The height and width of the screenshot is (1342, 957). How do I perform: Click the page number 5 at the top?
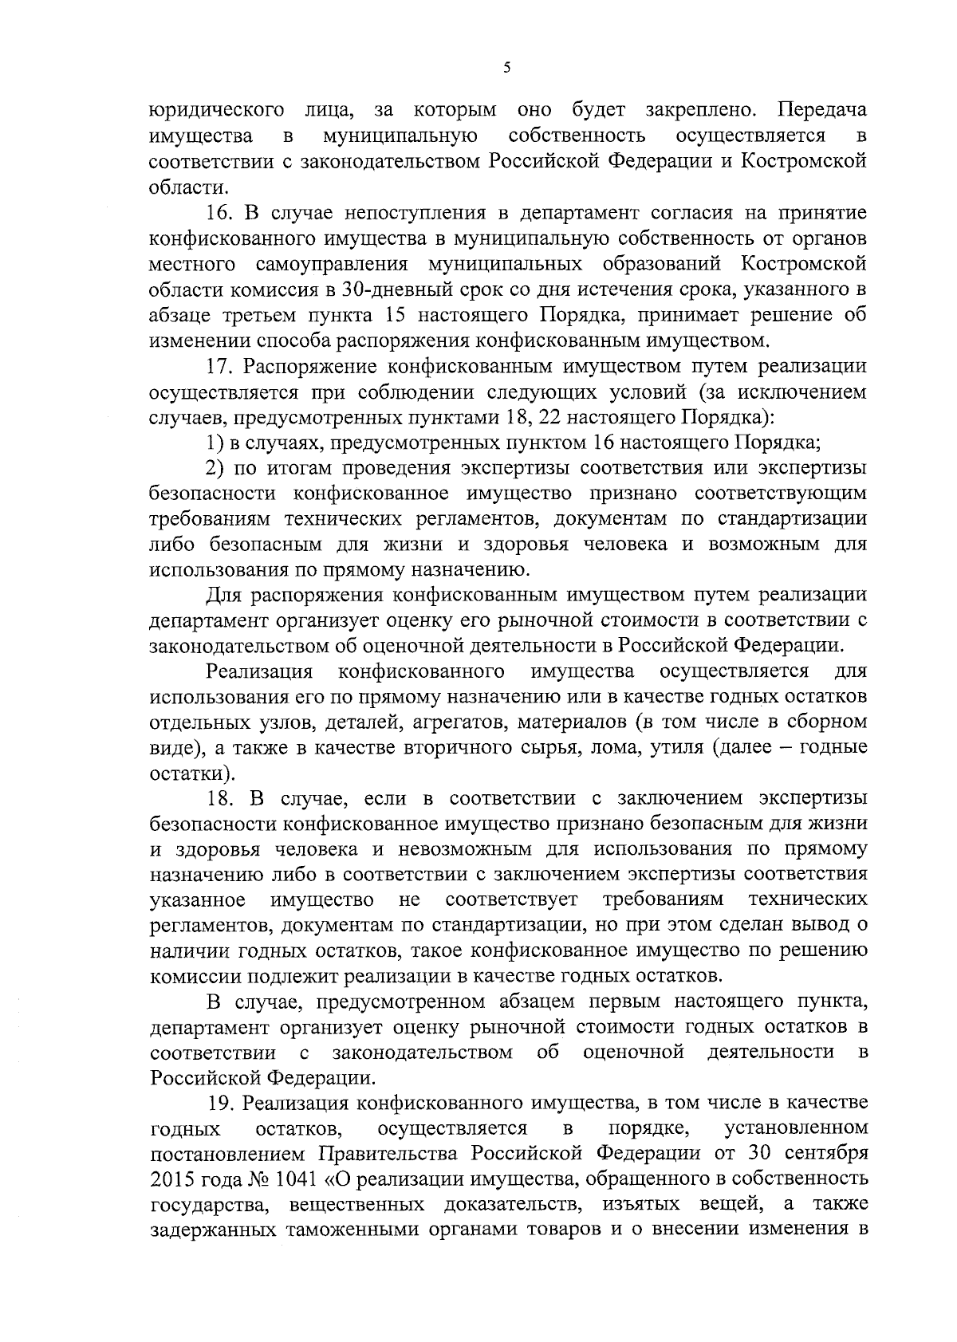tap(506, 69)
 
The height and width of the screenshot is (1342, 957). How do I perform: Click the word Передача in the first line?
tap(823, 110)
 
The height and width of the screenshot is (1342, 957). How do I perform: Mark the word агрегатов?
tap(460, 722)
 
